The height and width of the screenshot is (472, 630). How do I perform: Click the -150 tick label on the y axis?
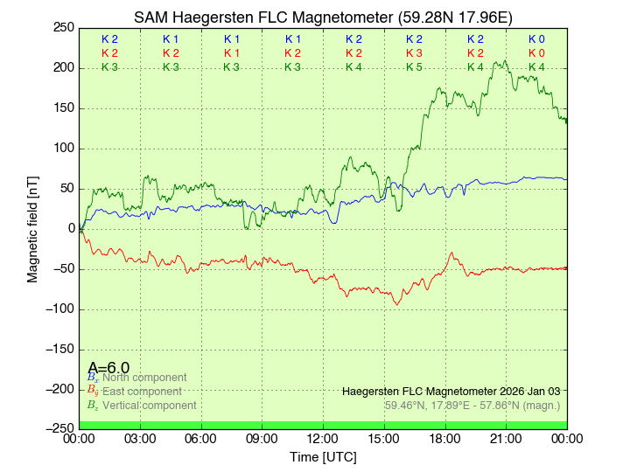click(x=59, y=349)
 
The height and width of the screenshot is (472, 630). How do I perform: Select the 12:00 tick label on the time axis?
click(x=323, y=439)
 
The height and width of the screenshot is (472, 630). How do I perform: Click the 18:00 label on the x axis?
click(x=444, y=439)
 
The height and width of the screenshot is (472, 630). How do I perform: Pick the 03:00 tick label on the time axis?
click(x=141, y=439)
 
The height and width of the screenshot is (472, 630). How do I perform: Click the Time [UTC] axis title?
click(x=323, y=457)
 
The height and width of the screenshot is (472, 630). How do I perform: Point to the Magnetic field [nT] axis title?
click(x=33, y=228)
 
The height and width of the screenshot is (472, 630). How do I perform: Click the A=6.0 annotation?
click(x=108, y=368)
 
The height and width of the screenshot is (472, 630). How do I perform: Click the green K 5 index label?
click(x=414, y=67)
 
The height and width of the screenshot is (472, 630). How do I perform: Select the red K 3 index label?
click(x=414, y=53)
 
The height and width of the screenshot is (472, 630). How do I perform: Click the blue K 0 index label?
click(x=536, y=39)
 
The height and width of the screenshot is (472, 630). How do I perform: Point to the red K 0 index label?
click(x=536, y=53)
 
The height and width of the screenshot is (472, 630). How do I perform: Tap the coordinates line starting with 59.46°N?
click(x=472, y=405)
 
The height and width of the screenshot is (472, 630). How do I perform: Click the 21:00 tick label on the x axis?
click(x=506, y=439)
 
